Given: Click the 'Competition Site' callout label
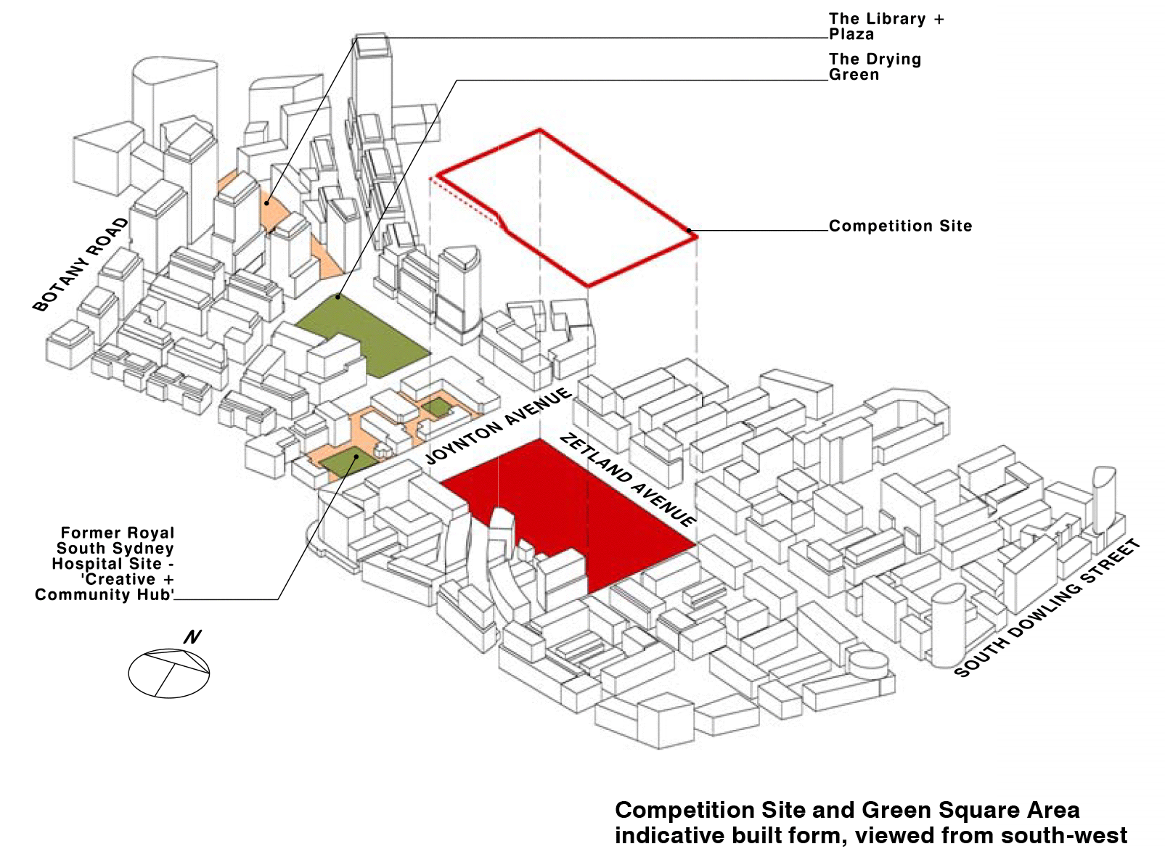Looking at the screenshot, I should click(900, 226).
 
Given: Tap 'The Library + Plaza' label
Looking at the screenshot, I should click(886, 26).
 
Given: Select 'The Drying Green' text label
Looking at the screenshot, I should click(875, 67).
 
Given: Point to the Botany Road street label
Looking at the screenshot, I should click(81, 265).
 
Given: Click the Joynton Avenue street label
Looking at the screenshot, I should click(498, 427).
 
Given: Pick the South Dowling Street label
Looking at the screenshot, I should click(1047, 608).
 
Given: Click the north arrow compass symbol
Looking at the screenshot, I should click(168, 673).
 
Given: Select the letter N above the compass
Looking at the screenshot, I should click(192, 637).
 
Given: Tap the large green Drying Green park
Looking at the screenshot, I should click(363, 334).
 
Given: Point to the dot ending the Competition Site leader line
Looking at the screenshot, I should click(689, 231).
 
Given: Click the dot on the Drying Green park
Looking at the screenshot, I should click(338, 297).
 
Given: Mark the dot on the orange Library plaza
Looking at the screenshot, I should click(267, 202).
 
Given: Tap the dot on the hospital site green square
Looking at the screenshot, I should click(356, 457).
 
